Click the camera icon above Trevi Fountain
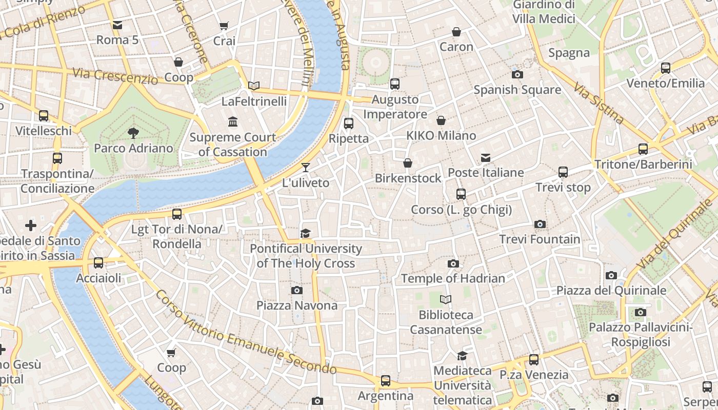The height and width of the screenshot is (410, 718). pyautogui.click(x=540, y=224)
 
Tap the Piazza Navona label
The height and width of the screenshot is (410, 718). pyautogui.click(x=297, y=305)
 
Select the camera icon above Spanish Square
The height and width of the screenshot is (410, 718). pyautogui.click(x=517, y=74)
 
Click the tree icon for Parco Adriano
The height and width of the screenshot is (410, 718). pyautogui.click(x=133, y=133)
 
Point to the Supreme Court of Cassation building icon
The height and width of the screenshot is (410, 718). pyautogui.click(x=233, y=122)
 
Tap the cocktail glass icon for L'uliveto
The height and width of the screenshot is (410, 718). pyautogui.click(x=306, y=168)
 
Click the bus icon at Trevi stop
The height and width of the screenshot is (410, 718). pyautogui.click(x=563, y=172)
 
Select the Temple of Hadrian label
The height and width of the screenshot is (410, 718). pyautogui.click(x=453, y=278)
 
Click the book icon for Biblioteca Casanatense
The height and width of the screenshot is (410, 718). pyautogui.click(x=446, y=299)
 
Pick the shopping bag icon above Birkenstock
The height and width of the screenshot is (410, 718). pyautogui.click(x=408, y=163)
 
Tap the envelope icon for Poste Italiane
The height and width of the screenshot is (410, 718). pyautogui.click(x=485, y=157)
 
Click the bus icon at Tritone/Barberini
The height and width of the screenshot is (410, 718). pyautogui.click(x=643, y=149)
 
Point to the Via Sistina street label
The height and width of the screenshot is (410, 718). pyautogui.click(x=599, y=104)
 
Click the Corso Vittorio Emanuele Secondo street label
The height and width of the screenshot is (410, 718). pyautogui.click(x=246, y=333)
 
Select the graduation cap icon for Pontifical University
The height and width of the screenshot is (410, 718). pyautogui.click(x=306, y=234)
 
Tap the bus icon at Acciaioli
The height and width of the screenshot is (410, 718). pyautogui.click(x=98, y=263)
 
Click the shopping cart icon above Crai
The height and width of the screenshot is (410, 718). pyautogui.click(x=224, y=26)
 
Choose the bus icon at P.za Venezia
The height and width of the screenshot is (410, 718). pyautogui.click(x=534, y=360)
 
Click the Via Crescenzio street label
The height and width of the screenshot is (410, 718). pyautogui.click(x=115, y=76)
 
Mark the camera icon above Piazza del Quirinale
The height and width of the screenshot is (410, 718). pyautogui.click(x=611, y=275)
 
